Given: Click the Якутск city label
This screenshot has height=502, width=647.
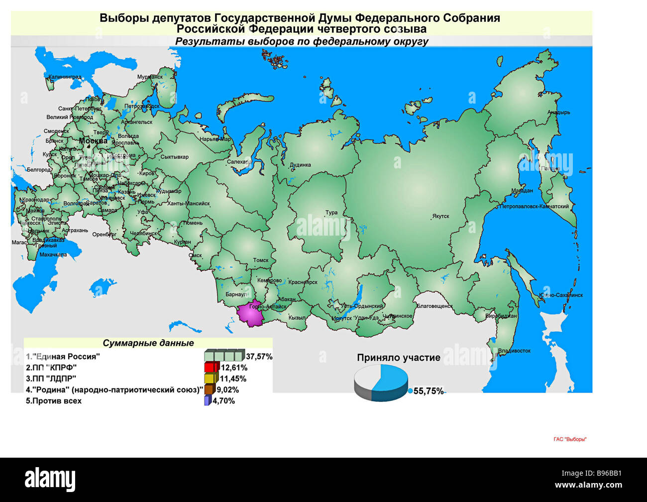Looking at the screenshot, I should (440, 217).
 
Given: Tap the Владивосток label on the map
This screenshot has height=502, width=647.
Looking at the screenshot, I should (514, 351).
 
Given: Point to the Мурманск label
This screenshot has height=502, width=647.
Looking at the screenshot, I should (150, 77).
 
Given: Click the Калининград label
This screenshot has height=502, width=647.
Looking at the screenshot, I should (65, 77).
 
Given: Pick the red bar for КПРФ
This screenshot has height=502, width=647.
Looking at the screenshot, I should (212, 368).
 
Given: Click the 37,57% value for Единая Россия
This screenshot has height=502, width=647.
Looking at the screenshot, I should (259, 357).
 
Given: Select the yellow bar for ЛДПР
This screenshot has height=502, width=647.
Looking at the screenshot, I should (211, 378).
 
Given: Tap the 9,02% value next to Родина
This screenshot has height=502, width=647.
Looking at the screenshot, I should (227, 389).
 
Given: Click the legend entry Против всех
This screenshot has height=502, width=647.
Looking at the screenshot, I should (54, 401).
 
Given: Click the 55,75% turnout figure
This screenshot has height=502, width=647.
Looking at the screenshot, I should (428, 391).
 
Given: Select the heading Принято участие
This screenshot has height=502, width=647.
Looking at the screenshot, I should (398, 358).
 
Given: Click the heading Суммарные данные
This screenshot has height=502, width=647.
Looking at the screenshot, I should (148, 343).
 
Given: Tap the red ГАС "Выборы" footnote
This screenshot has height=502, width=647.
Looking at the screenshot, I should (570, 439).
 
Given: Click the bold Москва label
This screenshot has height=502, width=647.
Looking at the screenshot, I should (93, 141).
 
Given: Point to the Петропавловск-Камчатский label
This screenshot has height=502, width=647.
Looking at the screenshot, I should (534, 206).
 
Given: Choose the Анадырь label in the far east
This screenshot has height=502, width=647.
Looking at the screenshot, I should (558, 113).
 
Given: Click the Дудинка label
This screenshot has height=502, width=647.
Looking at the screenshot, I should (300, 165).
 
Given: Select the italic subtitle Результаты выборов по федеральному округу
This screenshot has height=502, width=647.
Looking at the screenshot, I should (302, 41).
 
